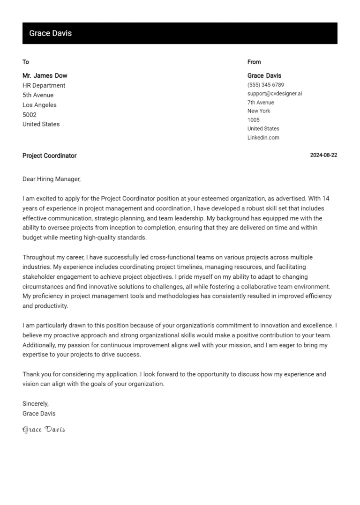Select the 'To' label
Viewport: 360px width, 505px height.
pyautogui.click(x=26, y=62)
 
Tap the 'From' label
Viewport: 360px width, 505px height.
pyautogui.click(x=254, y=62)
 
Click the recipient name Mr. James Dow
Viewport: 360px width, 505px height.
pyautogui.click(x=45, y=75)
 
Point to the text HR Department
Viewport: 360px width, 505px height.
pyautogui.click(x=44, y=85)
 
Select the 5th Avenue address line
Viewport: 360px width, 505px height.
pyautogui.click(x=38, y=95)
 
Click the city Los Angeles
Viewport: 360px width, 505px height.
pyautogui.click(x=39, y=105)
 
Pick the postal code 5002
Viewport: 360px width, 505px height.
pyautogui.click(x=30, y=115)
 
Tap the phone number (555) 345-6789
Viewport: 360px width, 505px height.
pyautogui.click(x=265, y=85)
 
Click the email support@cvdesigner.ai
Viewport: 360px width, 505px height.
pyautogui.click(x=275, y=94)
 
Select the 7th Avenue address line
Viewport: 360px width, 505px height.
pyautogui.click(x=261, y=103)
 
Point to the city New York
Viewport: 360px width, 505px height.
pyautogui.click(x=259, y=111)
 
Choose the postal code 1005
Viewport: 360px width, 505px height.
pyautogui.click(x=254, y=120)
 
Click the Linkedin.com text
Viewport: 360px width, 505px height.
pyautogui.click(x=263, y=138)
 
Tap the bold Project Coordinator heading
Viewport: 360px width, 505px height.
pyautogui.click(x=49, y=156)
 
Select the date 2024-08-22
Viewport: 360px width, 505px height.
pyautogui.click(x=323, y=156)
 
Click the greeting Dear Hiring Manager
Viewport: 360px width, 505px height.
pyautogui.click(x=52, y=179)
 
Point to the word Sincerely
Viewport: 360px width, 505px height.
pyautogui.click(x=36, y=403)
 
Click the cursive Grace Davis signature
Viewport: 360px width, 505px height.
pyautogui.click(x=44, y=430)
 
